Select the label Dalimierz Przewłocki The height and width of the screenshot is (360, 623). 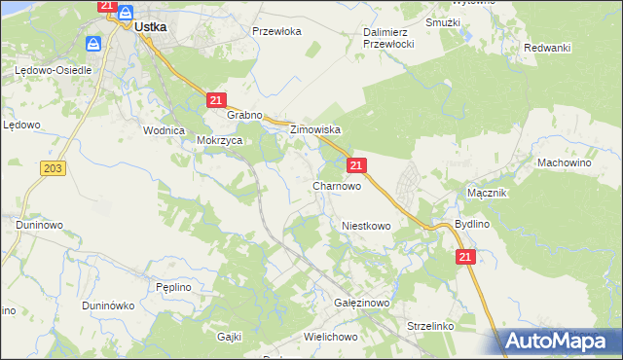(x=389, y=38)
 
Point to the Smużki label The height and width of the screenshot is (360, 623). (x=443, y=20)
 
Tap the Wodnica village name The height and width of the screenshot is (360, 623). (x=164, y=130)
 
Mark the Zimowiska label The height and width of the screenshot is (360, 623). (x=313, y=129)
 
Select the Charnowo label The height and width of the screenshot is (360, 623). (x=337, y=185)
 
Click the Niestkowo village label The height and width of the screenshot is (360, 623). (x=366, y=226)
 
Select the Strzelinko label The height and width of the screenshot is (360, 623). (x=432, y=326)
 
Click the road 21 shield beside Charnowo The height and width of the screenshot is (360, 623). (x=356, y=166)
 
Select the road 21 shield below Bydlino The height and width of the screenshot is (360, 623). (x=464, y=256)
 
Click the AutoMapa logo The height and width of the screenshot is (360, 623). (x=561, y=341)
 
